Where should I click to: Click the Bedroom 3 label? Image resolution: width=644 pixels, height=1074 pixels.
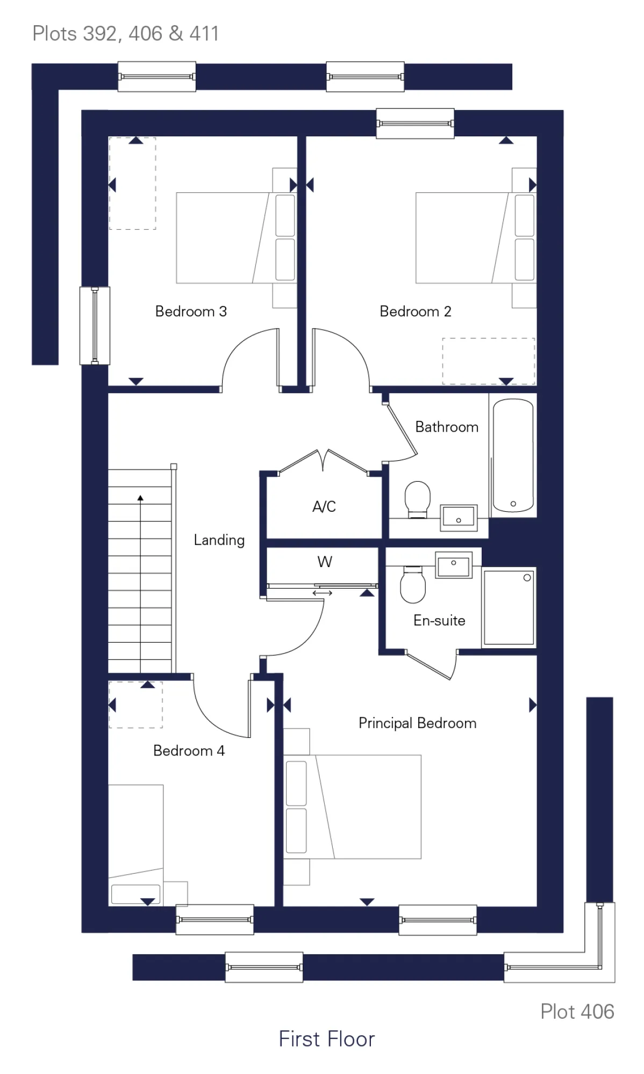click(191, 311)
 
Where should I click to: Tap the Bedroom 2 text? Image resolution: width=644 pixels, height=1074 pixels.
click(415, 311)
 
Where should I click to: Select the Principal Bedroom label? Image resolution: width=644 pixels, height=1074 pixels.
click(417, 723)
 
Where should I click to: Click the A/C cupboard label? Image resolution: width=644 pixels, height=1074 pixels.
click(324, 506)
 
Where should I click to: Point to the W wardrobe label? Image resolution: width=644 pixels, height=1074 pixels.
click(325, 562)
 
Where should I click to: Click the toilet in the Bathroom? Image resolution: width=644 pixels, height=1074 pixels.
click(417, 499)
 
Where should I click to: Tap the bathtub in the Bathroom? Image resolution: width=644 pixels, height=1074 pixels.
click(513, 455)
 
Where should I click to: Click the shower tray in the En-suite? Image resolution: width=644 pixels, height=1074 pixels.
click(509, 607)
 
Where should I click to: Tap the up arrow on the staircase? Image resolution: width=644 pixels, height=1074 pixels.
click(140, 498)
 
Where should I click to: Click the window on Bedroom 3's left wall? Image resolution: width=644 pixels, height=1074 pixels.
click(95, 325)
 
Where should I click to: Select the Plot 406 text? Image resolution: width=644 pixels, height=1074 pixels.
click(577, 1012)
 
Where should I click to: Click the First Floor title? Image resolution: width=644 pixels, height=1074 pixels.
click(326, 1039)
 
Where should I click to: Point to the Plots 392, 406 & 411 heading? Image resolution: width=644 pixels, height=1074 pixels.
click(125, 34)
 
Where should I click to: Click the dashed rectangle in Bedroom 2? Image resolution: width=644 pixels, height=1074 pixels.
click(488, 361)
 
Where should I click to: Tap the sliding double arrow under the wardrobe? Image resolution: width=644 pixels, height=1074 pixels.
click(323, 593)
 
